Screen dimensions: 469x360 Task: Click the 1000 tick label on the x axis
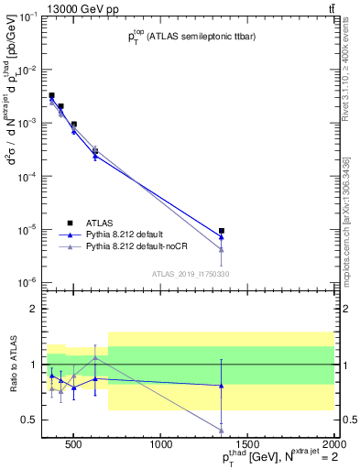162,445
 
